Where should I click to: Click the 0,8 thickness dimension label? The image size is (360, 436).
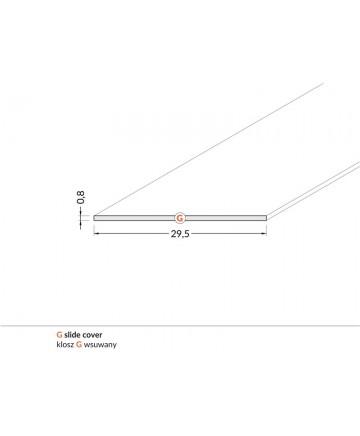81,197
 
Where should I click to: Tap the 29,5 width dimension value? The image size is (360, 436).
180,234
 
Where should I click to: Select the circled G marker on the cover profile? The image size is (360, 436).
180,218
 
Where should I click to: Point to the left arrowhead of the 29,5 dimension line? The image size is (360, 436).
96,234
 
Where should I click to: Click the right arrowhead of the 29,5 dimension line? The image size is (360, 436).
265,234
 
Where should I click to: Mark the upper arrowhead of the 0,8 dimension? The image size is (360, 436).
80,213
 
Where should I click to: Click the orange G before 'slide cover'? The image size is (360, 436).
59,335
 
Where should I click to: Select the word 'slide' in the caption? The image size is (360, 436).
72,335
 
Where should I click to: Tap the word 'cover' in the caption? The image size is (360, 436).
92,335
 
